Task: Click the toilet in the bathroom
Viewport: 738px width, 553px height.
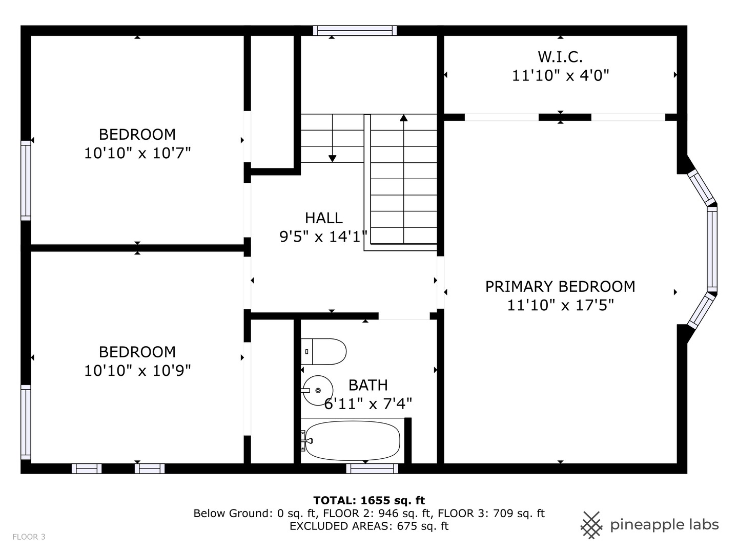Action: (x=323, y=351)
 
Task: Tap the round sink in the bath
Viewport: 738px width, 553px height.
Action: (x=318, y=390)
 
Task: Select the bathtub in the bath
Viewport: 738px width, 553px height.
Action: (x=352, y=440)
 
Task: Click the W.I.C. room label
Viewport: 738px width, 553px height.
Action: (x=560, y=57)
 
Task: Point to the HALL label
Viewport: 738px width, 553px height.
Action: (x=323, y=218)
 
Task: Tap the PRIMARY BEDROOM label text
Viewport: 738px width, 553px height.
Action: (x=560, y=286)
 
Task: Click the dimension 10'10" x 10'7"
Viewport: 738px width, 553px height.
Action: (x=137, y=153)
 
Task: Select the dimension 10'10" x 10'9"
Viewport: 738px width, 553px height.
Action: (x=137, y=371)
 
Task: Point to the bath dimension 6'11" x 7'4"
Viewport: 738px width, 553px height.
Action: (x=368, y=403)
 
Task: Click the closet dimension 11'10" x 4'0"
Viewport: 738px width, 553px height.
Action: (x=560, y=76)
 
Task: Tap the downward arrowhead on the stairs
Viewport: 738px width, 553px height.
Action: (x=332, y=159)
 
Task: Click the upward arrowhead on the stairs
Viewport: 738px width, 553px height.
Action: (x=403, y=118)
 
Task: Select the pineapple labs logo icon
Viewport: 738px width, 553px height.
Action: (x=591, y=525)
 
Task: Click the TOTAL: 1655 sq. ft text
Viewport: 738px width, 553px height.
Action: (x=369, y=500)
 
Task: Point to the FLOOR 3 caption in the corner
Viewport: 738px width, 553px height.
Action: (x=29, y=537)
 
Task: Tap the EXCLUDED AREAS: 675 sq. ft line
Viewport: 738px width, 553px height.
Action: (x=369, y=526)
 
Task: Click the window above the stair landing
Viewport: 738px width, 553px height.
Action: (x=355, y=31)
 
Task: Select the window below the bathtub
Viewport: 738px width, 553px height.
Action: (x=372, y=469)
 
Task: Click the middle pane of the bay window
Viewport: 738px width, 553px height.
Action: (x=712, y=249)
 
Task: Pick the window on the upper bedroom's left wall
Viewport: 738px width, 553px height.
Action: (x=26, y=181)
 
